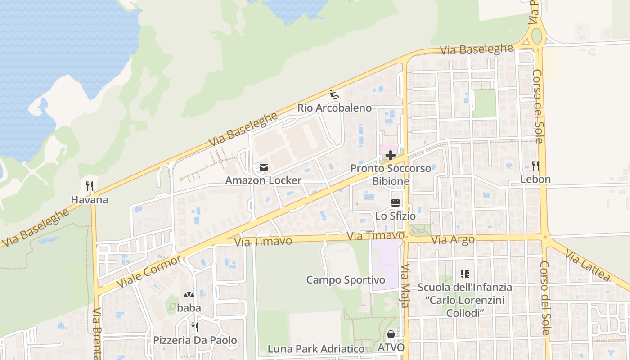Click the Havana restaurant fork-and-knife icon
[90, 186]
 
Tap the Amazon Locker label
[263, 180]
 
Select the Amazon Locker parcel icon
[263, 168]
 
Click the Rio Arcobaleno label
[334, 108]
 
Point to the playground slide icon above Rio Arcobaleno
[334, 95]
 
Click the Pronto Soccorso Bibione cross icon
[391, 155]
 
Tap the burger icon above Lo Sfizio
[396, 203]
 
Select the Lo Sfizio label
[396, 216]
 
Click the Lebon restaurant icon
[535, 166]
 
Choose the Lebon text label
[535, 179]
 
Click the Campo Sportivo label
[346, 280]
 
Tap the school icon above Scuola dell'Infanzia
[465, 274]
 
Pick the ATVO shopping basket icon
[391, 334]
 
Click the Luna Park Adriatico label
[316, 349]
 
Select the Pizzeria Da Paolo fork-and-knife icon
[195, 327]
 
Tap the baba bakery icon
[189, 295]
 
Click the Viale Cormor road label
[149, 271]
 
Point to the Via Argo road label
[453, 240]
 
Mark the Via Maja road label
[405, 286]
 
